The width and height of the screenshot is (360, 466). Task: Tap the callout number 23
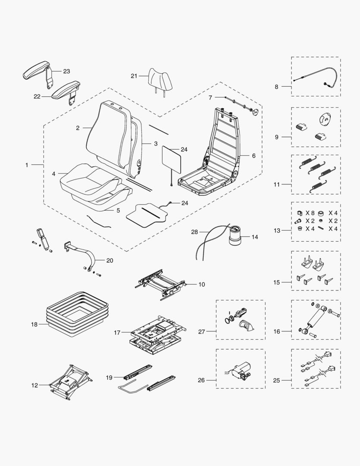tap(66, 71)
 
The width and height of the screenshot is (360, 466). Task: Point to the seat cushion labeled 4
tap(88, 179)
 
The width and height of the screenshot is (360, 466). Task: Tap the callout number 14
tap(255, 237)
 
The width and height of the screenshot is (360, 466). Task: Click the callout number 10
tap(201, 284)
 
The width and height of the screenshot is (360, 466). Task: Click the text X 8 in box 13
tap(310, 213)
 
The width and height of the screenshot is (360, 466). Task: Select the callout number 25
tap(277, 381)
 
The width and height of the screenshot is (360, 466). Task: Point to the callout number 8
tap(277, 87)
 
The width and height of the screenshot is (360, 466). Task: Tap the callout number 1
tap(27, 165)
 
